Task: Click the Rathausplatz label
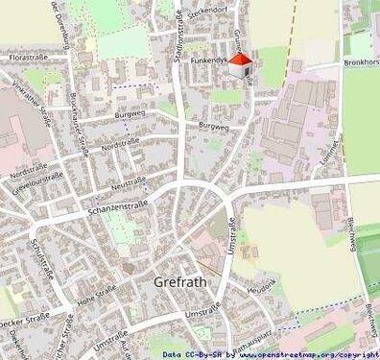pyautogui.click(x=252, y=336)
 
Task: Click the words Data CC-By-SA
pyautogui.click(x=197, y=354)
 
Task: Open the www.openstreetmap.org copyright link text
pyautogui.click(x=306, y=354)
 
